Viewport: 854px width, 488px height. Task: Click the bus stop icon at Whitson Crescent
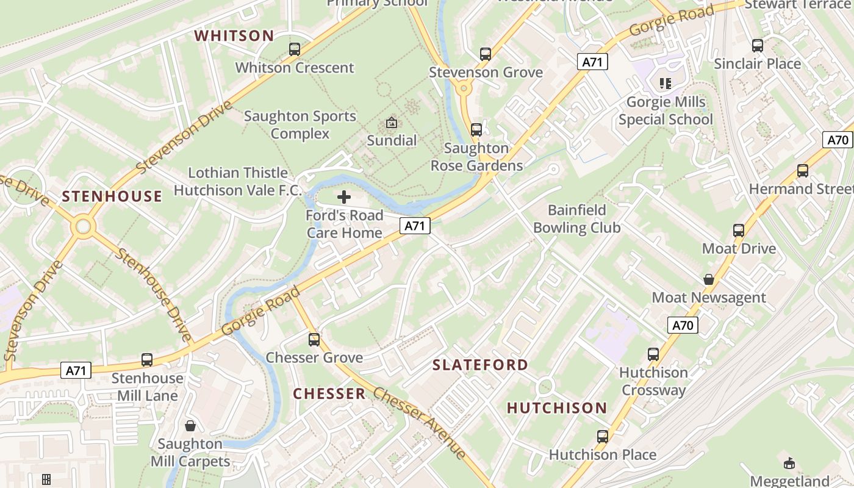coord(295,49)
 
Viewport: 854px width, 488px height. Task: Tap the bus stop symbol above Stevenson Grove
coord(486,54)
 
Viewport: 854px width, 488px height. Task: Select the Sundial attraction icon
coord(392,123)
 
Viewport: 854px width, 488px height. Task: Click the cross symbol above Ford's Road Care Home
coord(344,197)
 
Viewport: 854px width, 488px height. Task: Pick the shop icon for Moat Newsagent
coord(709,279)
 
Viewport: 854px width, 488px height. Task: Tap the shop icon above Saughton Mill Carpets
coord(190,425)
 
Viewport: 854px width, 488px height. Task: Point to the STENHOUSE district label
coord(112,196)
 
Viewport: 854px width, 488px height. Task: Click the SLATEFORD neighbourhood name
coord(481,365)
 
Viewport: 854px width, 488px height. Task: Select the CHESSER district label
coord(329,393)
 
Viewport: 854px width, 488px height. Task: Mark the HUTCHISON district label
coord(557,407)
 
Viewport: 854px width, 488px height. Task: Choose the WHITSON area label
coord(234,35)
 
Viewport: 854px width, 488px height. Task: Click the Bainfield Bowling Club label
coord(576,219)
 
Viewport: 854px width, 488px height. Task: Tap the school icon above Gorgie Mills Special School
coord(665,83)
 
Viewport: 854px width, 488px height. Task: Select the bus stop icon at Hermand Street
coord(803,171)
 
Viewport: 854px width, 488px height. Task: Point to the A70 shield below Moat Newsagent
coord(683,325)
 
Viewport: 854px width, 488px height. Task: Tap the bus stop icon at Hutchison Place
coord(603,437)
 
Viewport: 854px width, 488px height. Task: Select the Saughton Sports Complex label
coord(300,124)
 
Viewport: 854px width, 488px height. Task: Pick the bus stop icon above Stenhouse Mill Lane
coord(147,360)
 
